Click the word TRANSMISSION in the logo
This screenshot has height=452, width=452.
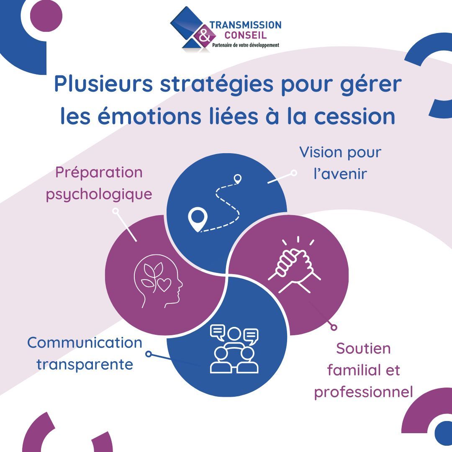[245, 26]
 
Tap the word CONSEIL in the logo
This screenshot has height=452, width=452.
[245, 35]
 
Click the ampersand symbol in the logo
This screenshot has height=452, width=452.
[204, 37]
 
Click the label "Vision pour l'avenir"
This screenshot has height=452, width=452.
[340, 163]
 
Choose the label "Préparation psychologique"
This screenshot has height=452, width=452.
[99, 183]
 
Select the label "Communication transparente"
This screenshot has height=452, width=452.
[85, 353]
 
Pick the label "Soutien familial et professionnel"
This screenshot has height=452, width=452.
[363, 370]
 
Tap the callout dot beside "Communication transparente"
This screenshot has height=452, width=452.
[148, 354]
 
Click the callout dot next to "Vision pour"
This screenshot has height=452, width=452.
[294, 172]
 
